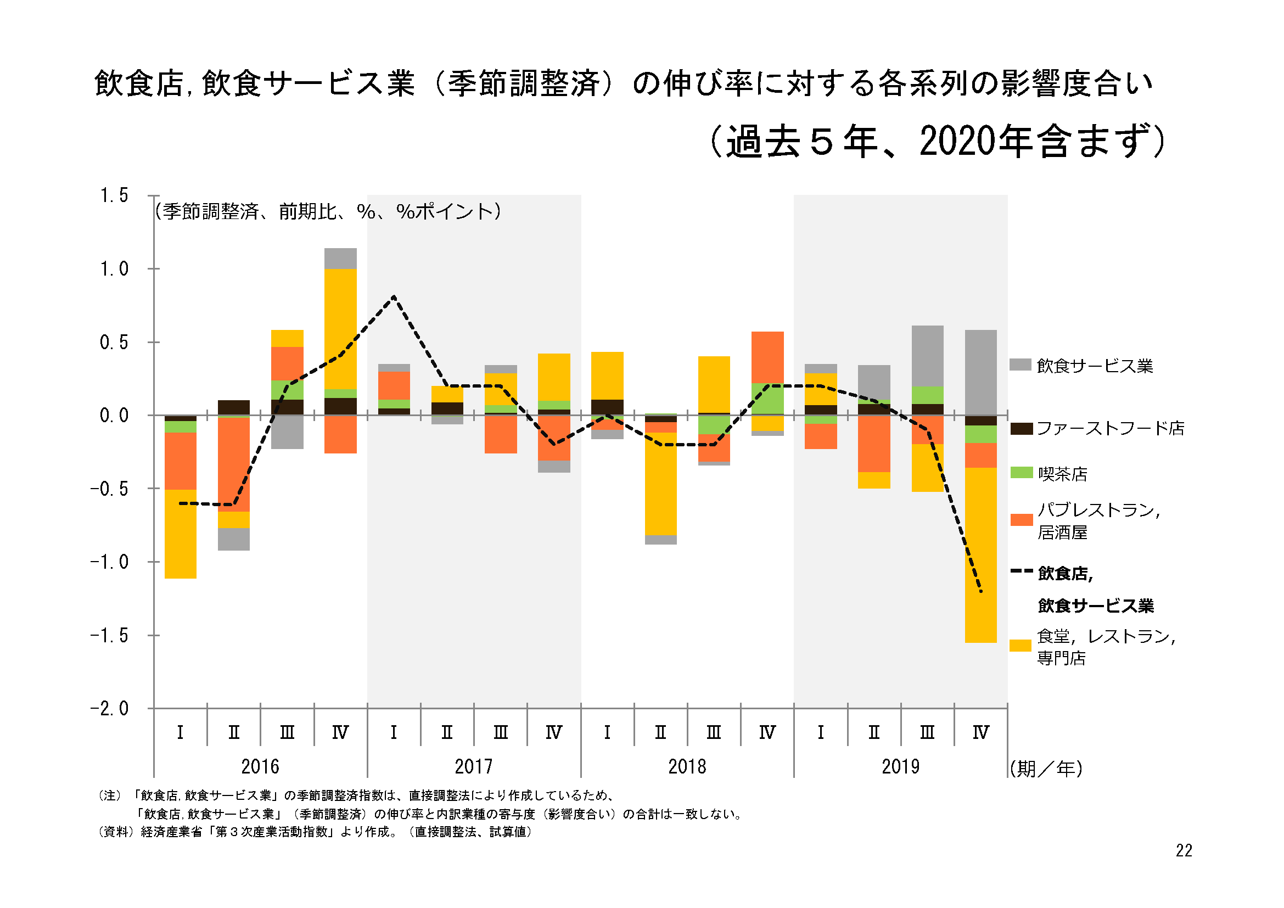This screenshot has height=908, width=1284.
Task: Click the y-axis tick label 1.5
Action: coord(114,195)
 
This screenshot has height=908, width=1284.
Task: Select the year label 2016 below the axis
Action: coord(260,766)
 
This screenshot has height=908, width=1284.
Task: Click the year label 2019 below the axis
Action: coord(900,766)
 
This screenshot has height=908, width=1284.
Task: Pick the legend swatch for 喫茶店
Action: coord(1021,473)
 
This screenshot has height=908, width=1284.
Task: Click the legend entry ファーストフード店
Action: coord(1097,429)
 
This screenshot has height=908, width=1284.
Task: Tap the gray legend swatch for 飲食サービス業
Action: coord(1021,365)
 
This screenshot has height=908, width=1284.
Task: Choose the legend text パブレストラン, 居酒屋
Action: coord(1099,520)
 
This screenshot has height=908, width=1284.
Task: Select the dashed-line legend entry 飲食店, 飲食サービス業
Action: coord(1082,589)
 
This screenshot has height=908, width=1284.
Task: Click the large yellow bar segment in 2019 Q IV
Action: coord(981,555)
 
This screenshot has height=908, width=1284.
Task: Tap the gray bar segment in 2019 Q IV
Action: coord(981,372)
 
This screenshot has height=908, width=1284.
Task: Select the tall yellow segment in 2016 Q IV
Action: coord(340,329)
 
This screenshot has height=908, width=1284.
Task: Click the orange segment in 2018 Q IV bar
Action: coord(767,357)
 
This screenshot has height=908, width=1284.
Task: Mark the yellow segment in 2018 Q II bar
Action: coord(660,484)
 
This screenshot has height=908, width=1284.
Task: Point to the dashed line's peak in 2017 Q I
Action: coord(394,296)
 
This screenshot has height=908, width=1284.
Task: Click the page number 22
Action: coord(1184,850)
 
